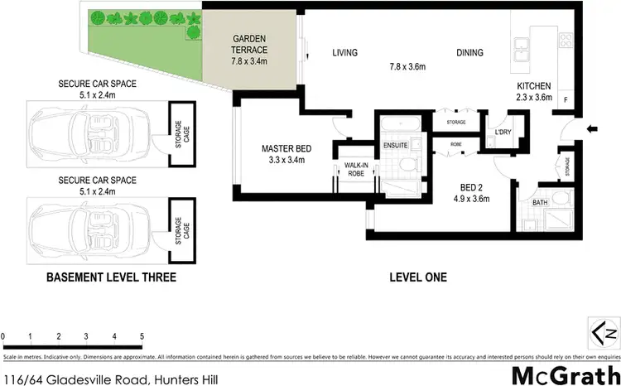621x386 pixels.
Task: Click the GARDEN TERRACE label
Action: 248,44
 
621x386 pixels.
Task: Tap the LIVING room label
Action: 344,53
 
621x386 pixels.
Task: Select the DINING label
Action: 469,53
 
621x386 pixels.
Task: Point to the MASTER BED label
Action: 284,148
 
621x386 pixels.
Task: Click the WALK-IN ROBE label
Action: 356,170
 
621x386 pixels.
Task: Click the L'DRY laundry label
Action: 502,133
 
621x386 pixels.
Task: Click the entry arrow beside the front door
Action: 590,128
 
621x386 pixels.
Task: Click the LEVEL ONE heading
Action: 418,277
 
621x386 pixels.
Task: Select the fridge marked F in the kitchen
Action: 566,99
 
